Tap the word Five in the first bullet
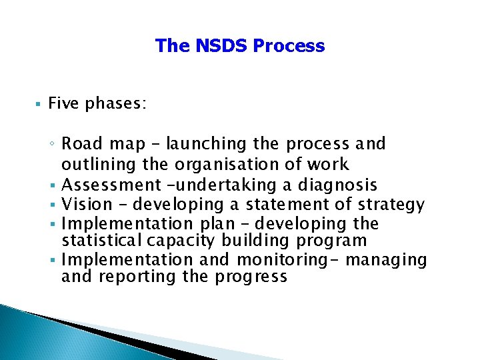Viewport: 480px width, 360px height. [64, 103]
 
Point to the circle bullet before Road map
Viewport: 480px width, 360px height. [53, 145]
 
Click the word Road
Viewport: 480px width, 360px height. [83, 144]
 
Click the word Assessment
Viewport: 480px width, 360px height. [113, 185]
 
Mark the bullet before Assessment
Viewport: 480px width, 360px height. [54, 185]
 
